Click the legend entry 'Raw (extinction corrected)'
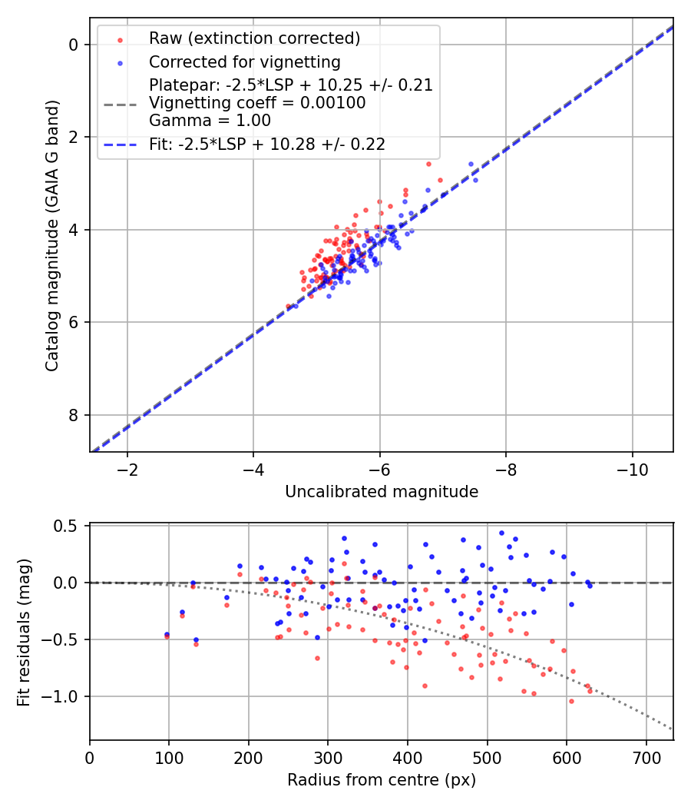254,38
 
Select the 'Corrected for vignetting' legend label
244,61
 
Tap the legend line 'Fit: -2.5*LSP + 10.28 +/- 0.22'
267,144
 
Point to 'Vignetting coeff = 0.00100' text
257,102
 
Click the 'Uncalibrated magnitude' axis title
382,492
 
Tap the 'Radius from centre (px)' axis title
382,780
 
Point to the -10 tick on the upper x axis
632,470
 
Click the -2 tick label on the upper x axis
127,470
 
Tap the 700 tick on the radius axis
646,758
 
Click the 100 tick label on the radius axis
169,758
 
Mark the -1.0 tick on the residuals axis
64,696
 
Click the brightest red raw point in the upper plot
428,164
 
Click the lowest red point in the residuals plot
571,701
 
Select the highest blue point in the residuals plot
501,533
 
